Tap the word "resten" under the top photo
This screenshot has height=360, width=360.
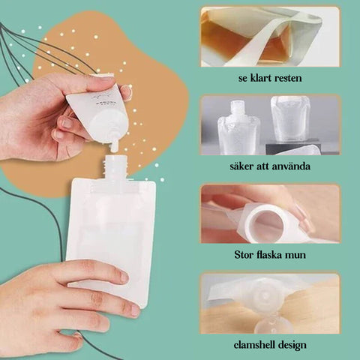coord(288,79)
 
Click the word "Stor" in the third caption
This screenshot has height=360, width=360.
coord(244,255)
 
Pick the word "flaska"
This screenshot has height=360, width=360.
coord(270,255)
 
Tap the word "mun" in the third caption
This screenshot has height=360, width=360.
coord(297,256)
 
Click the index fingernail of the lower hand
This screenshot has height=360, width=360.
coord(123,277)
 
